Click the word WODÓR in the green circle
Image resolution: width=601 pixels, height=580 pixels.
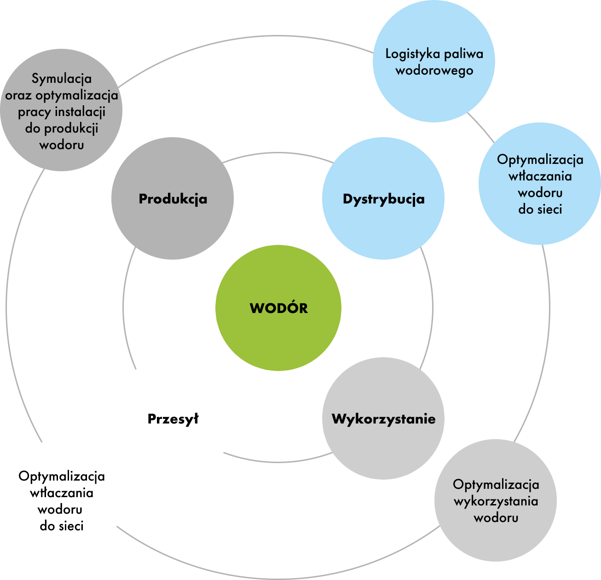278,308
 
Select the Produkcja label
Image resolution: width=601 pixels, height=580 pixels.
173,199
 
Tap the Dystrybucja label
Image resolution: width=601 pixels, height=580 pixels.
383,199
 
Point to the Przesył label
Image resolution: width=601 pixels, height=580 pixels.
173,419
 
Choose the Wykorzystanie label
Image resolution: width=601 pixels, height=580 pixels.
383,419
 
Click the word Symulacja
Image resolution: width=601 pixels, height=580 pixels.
62,79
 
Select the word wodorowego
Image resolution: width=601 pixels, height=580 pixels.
434,70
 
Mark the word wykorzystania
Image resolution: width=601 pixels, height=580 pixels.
496,501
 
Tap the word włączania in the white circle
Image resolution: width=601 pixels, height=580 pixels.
62,493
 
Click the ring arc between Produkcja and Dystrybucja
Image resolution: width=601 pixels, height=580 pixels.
278,153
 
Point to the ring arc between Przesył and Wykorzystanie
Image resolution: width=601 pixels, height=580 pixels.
278,461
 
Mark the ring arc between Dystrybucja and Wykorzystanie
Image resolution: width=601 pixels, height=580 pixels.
432,308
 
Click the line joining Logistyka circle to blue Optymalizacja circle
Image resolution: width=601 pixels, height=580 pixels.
481,127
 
